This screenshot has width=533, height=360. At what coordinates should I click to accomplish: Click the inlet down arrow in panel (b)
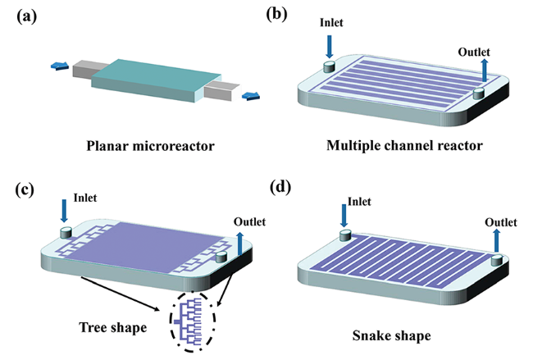coord(330,45)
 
